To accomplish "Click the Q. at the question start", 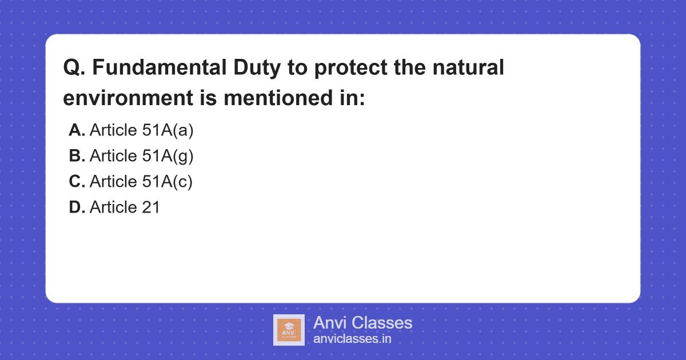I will coord(74,68).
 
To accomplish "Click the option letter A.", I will coord(77,130).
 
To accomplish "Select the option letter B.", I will coord(77,155).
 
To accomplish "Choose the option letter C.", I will coord(77,181).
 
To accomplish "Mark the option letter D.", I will coord(77,207).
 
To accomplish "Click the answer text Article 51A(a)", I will coord(142,130).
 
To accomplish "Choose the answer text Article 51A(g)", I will coord(142,155).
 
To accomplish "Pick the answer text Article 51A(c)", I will coord(141,181).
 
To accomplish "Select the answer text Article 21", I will coord(125,207).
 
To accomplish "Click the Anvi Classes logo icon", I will coord(289,330).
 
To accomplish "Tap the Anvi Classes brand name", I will coord(362,323).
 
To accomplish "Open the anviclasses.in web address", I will coord(352,339).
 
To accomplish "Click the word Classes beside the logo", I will coord(381,323).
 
